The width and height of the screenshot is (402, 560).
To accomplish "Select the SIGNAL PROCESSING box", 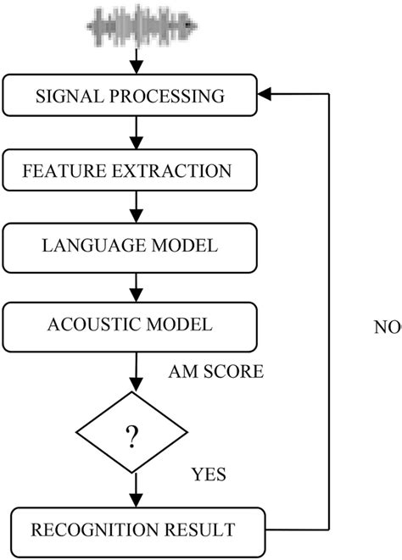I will click(131, 96).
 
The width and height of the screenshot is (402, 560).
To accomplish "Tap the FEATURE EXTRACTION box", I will click(131, 171).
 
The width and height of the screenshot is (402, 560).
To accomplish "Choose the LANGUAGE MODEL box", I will click(131, 247).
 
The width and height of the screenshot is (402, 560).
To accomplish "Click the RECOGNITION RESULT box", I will click(131, 530).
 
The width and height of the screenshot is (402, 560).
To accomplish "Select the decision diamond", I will click(131, 436).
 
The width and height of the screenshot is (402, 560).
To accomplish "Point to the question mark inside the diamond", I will click(131, 437).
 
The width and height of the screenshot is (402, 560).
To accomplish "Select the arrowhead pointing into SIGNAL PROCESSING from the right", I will click(265, 96).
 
